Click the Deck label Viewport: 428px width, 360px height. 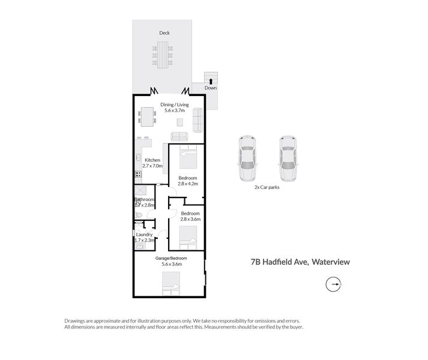coord(164,33)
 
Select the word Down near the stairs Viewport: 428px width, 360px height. coord(211,88)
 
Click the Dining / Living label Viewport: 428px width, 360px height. coord(175,105)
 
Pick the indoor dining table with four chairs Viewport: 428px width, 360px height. coord(147,115)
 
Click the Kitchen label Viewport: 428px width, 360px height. coord(152,160)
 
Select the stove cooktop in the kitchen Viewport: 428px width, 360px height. coord(137,175)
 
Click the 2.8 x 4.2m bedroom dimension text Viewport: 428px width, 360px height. coord(188,184)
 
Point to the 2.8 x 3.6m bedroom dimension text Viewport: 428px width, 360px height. coord(190,220)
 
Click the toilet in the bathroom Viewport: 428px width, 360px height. coord(138,214)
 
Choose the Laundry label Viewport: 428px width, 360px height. coord(144,234)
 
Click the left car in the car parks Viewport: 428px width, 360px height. coord(247,158)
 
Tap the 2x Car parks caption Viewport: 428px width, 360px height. coord(267,187)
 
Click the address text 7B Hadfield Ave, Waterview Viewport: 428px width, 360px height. coord(300,262)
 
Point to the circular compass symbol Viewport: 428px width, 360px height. coord(333,284)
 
